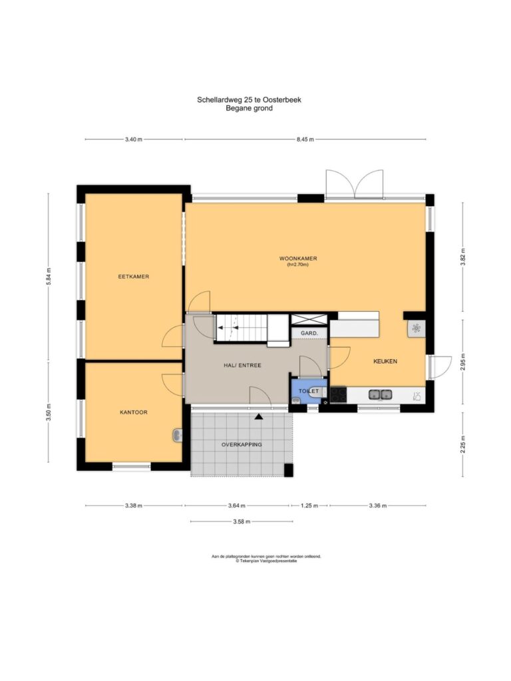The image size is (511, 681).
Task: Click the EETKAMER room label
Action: pos(133,277)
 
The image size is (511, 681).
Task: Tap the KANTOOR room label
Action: pos(133,412)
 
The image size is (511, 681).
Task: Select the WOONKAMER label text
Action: pos(298,259)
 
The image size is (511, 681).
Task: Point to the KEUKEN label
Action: pos(385,361)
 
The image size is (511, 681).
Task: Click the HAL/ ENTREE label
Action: pos(242,365)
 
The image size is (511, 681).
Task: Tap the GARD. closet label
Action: pos(309,333)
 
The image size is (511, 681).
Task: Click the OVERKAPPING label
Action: pos(242,445)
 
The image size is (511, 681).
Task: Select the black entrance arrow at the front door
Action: pos(259,416)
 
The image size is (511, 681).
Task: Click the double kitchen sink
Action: pos(380,394)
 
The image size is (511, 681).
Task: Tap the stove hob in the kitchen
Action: pos(339,394)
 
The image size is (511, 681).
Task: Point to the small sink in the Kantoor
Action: pos(177,435)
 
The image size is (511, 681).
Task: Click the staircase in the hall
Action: pos(241,327)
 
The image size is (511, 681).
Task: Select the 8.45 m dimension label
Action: pos(305,140)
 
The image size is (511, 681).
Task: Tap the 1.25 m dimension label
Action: pos(309,505)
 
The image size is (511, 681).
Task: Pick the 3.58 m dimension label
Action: pos(242,521)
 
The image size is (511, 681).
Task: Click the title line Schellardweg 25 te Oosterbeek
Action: pos(249,100)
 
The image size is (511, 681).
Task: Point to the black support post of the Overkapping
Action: pos(289,470)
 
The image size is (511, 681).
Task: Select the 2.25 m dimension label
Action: pos(463,444)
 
